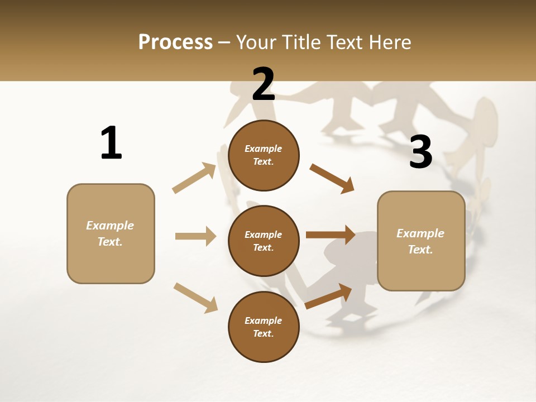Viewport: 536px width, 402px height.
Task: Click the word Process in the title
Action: tap(175, 42)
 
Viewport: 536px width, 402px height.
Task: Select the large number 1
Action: tap(111, 143)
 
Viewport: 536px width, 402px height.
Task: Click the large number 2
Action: tap(264, 84)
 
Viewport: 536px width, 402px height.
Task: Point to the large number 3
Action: tap(421, 152)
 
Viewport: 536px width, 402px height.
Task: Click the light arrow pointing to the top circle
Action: tap(194, 178)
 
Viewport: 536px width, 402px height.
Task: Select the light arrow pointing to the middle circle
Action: tap(195, 236)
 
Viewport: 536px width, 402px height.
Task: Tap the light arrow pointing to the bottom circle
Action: tap(195, 298)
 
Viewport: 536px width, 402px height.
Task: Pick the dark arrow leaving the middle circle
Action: tap(330, 234)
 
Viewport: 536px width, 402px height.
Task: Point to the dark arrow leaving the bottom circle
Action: tap(328, 296)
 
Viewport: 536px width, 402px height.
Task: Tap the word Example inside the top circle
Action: tap(264, 149)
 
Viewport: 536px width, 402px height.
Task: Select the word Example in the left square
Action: tap(110, 226)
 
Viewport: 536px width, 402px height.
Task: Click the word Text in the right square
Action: tap(419, 250)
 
